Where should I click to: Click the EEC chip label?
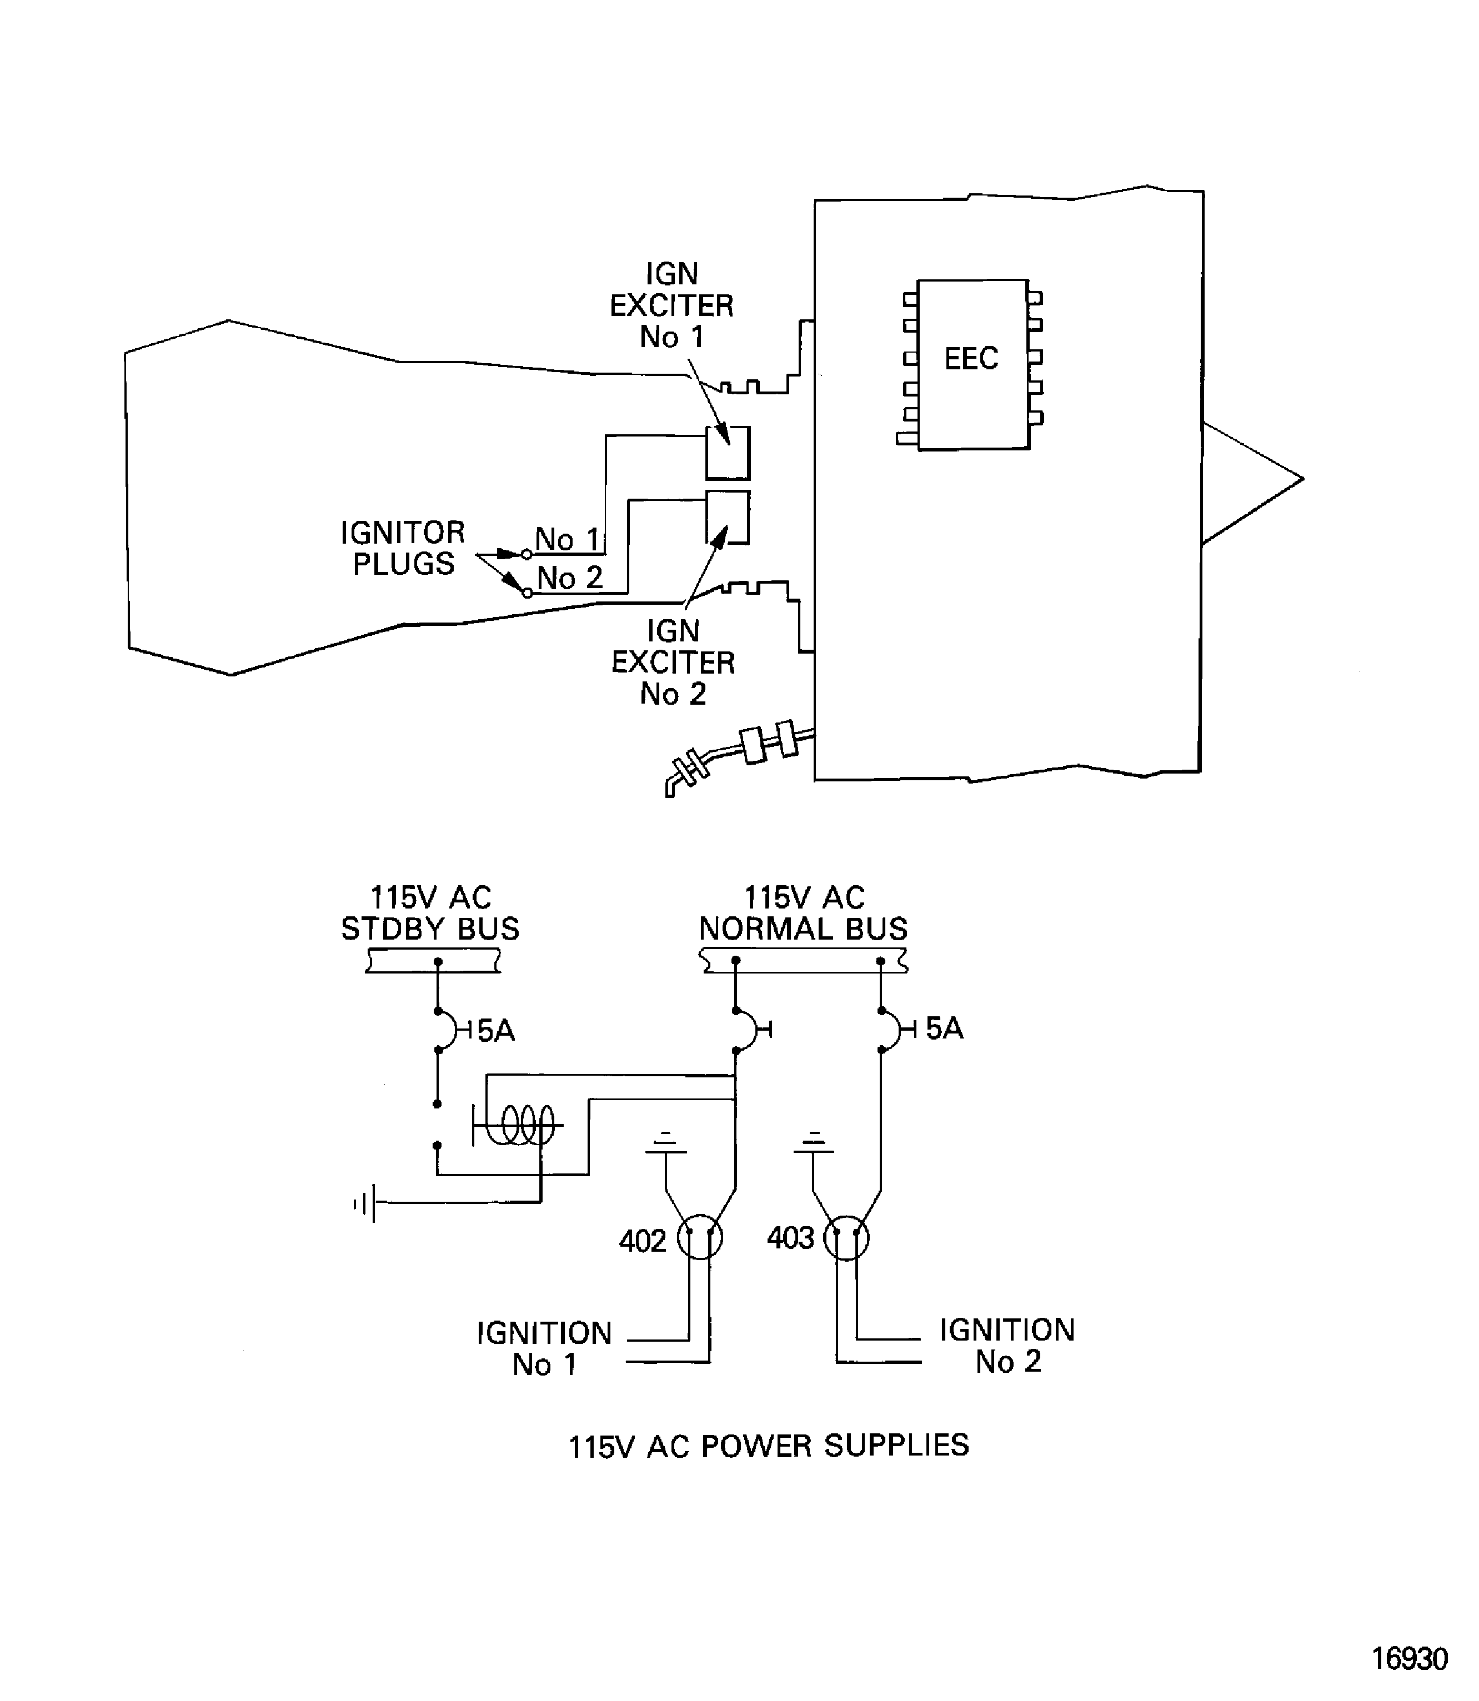[971, 359]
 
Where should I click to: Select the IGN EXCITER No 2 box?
[727, 516]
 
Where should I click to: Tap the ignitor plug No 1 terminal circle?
[527, 555]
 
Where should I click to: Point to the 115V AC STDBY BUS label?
[430, 913]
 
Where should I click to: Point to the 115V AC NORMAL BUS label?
[803, 913]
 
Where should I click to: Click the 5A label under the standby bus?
[495, 1031]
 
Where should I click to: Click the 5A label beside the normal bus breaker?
[944, 1028]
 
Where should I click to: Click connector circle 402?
[700, 1238]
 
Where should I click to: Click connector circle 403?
[847, 1237]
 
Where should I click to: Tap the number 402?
[642, 1241]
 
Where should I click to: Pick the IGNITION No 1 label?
[544, 1348]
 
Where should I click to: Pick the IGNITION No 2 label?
[1007, 1345]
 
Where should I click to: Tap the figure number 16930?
[1409, 1659]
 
